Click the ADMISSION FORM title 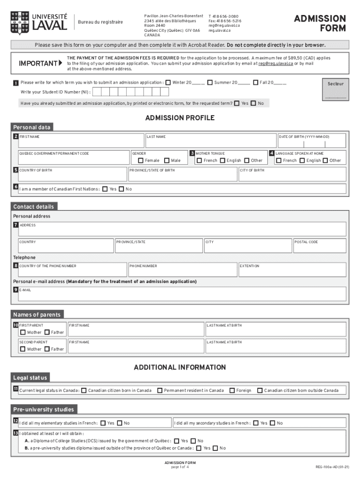[320, 23]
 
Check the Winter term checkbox [168, 83]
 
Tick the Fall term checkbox [256, 83]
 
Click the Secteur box [335, 89]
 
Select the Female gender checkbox [141, 160]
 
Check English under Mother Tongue [223, 160]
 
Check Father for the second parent [47, 349]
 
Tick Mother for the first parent [23, 333]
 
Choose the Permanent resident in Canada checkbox [160, 390]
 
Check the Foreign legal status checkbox [232, 390]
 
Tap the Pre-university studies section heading [43, 409]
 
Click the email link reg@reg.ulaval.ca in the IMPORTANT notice [275, 63]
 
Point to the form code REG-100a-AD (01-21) [332, 467]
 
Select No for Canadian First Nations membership [122, 189]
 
